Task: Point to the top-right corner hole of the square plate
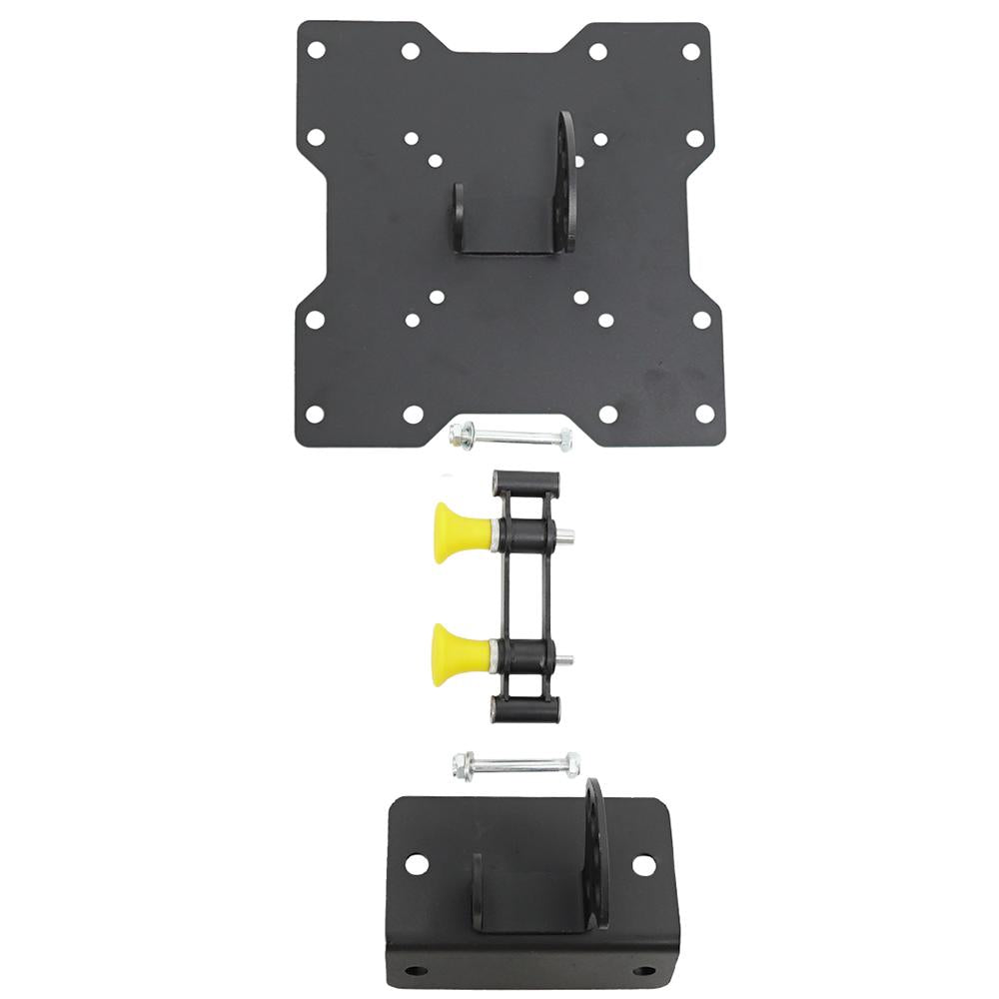click(x=691, y=46)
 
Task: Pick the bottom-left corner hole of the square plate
click(x=316, y=413)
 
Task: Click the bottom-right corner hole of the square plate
click(x=703, y=413)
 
